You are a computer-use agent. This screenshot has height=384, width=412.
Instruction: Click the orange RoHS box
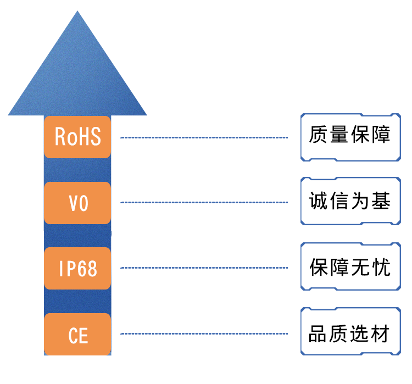(x=77, y=137)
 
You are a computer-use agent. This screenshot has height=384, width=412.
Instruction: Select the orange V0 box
(x=77, y=203)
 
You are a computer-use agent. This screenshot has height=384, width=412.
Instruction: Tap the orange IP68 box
(x=77, y=268)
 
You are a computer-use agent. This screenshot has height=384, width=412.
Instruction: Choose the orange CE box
(x=77, y=334)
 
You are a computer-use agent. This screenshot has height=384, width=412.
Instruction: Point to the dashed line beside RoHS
(x=204, y=137)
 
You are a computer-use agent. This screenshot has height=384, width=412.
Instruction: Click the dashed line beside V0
(x=204, y=202)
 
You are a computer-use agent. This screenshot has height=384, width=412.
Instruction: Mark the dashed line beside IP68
(x=204, y=268)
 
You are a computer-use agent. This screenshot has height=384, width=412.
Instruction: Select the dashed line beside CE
(x=204, y=334)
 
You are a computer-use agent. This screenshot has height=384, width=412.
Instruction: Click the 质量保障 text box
(x=350, y=137)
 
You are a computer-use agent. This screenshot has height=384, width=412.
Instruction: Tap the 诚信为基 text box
(x=350, y=201)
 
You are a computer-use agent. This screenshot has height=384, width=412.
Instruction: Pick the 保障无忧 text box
(x=350, y=266)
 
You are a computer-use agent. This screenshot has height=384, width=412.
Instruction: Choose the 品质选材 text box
(x=350, y=331)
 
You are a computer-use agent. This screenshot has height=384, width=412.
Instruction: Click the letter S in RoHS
(x=96, y=136)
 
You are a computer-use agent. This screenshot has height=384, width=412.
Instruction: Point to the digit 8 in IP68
(x=92, y=269)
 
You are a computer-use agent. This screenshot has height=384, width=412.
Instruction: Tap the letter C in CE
(x=73, y=336)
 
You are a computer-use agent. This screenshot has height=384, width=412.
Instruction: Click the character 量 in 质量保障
(x=339, y=134)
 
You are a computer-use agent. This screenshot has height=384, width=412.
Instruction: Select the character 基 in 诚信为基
(x=381, y=201)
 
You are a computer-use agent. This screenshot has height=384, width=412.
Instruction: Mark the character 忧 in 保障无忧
(x=381, y=267)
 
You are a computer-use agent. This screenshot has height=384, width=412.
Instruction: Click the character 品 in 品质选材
(x=318, y=333)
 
